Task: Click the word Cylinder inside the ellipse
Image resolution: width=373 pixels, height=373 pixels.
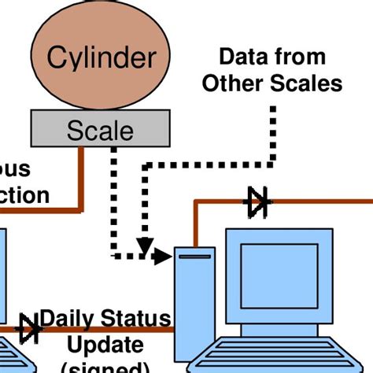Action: pyautogui.click(x=108, y=57)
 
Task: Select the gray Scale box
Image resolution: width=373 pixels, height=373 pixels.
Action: pyautogui.click(x=99, y=128)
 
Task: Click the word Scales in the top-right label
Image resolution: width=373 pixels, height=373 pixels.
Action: pyautogui.click(x=309, y=83)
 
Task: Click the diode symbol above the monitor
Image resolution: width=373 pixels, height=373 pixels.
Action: pyautogui.click(x=257, y=202)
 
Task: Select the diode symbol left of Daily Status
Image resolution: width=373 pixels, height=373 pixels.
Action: pyautogui.click(x=30, y=327)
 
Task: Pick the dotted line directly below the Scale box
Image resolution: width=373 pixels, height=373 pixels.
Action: pyautogui.click(x=113, y=197)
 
